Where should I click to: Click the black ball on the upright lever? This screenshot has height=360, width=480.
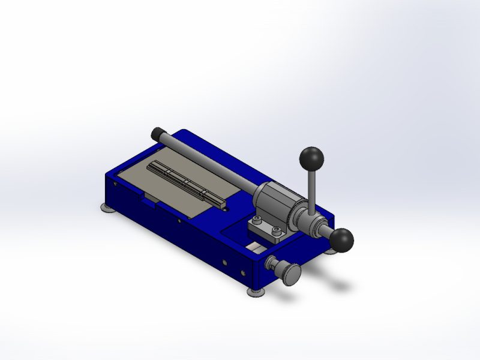(311, 158)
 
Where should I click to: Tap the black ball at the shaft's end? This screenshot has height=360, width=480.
(342, 240)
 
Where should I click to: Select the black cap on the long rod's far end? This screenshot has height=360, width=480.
(159, 133)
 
